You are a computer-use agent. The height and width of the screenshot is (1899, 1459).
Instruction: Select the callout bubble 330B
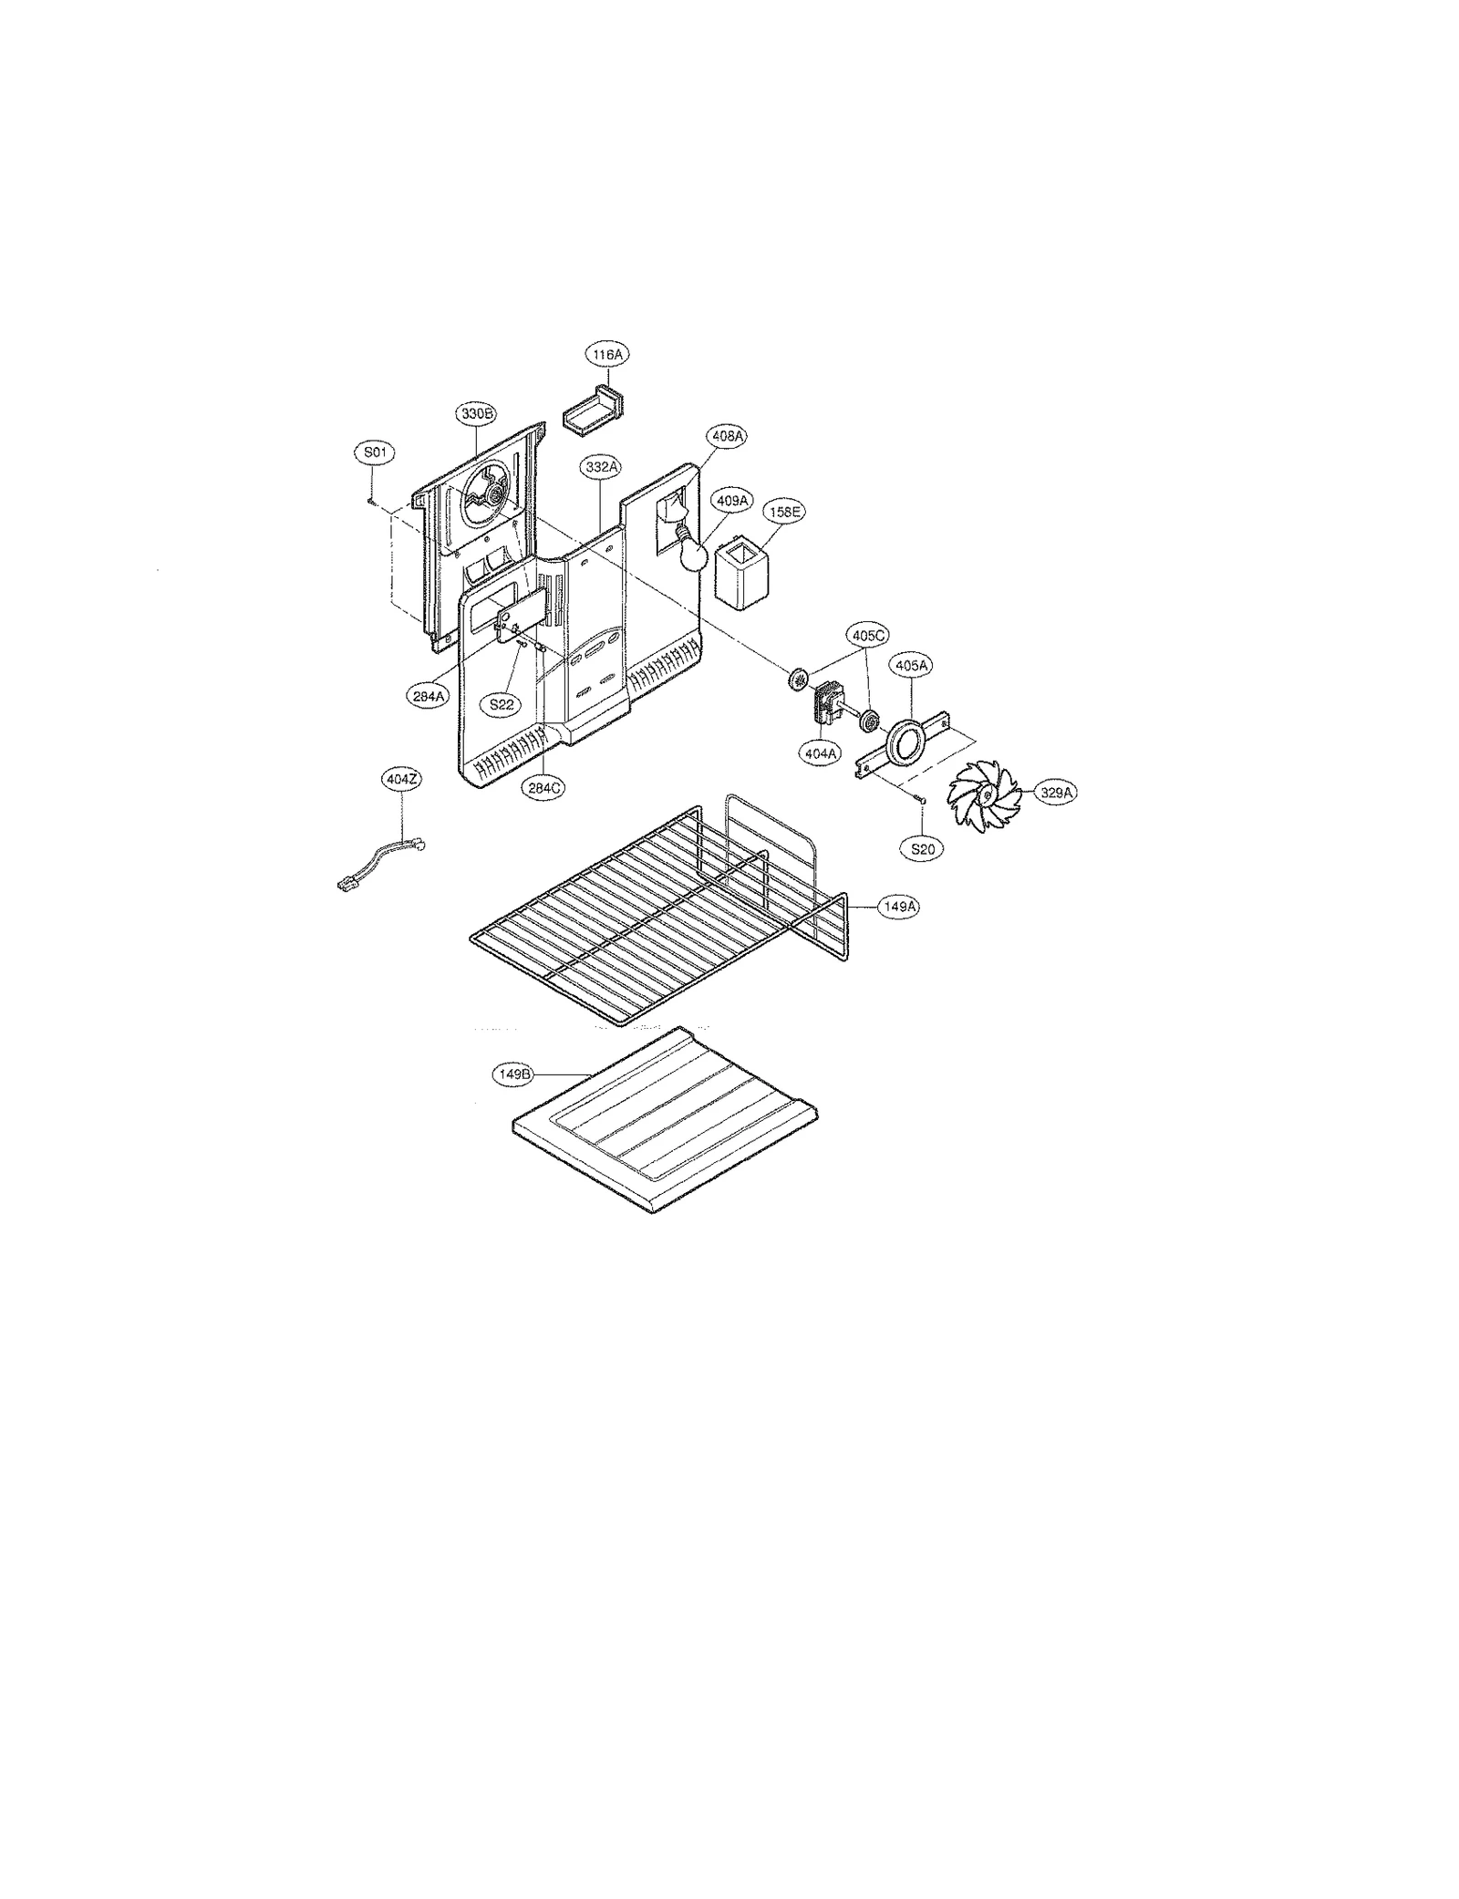point(476,413)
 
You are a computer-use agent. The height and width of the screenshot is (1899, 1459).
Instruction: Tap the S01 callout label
point(374,452)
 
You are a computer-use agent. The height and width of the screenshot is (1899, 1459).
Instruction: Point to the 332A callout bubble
point(602,466)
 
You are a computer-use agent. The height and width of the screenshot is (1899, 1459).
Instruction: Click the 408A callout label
point(727,436)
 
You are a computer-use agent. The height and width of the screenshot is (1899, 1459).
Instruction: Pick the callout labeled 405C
point(869,634)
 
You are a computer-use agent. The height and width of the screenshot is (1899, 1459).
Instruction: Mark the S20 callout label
point(923,848)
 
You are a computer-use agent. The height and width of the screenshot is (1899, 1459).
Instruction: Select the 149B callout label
point(513,1074)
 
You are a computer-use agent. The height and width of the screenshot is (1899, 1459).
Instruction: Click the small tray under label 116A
point(591,418)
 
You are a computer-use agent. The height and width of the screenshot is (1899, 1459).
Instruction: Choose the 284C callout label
point(543,789)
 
